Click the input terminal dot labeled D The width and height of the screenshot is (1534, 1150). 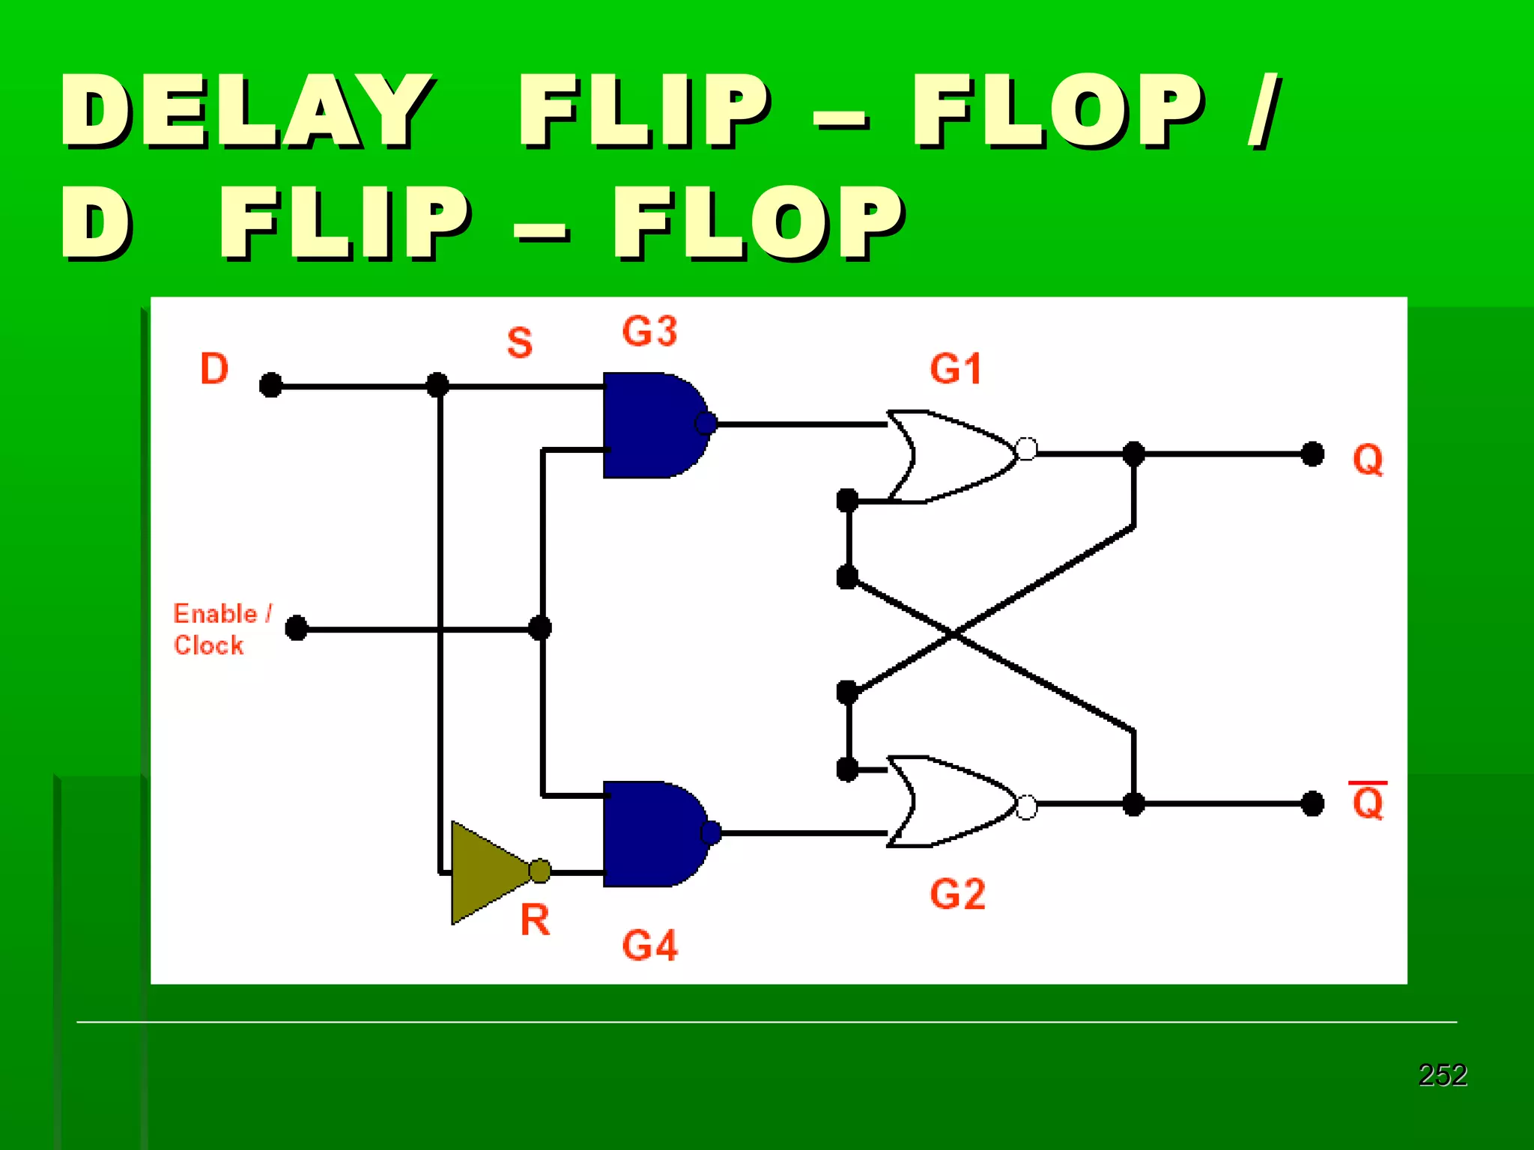[270, 386]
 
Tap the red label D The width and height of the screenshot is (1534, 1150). [214, 368]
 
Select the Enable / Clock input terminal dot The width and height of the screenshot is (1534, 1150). [297, 627]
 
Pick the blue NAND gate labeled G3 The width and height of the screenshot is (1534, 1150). [650, 425]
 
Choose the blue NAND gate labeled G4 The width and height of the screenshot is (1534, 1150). [650, 833]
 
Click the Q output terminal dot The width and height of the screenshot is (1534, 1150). [1312, 454]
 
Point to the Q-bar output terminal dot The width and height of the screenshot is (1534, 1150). [1312, 803]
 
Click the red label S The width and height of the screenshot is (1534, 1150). [519, 343]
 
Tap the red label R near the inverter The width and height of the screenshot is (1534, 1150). [535, 920]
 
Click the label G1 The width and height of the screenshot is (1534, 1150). [956, 369]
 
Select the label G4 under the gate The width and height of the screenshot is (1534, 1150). [649, 945]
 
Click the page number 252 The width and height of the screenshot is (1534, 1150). [1442, 1075]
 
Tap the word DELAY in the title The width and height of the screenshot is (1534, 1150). [247, 111]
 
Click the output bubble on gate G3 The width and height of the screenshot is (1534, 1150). [706, 424]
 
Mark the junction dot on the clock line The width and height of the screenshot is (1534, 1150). [540, 627]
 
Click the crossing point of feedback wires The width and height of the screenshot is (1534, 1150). [954, 634]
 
